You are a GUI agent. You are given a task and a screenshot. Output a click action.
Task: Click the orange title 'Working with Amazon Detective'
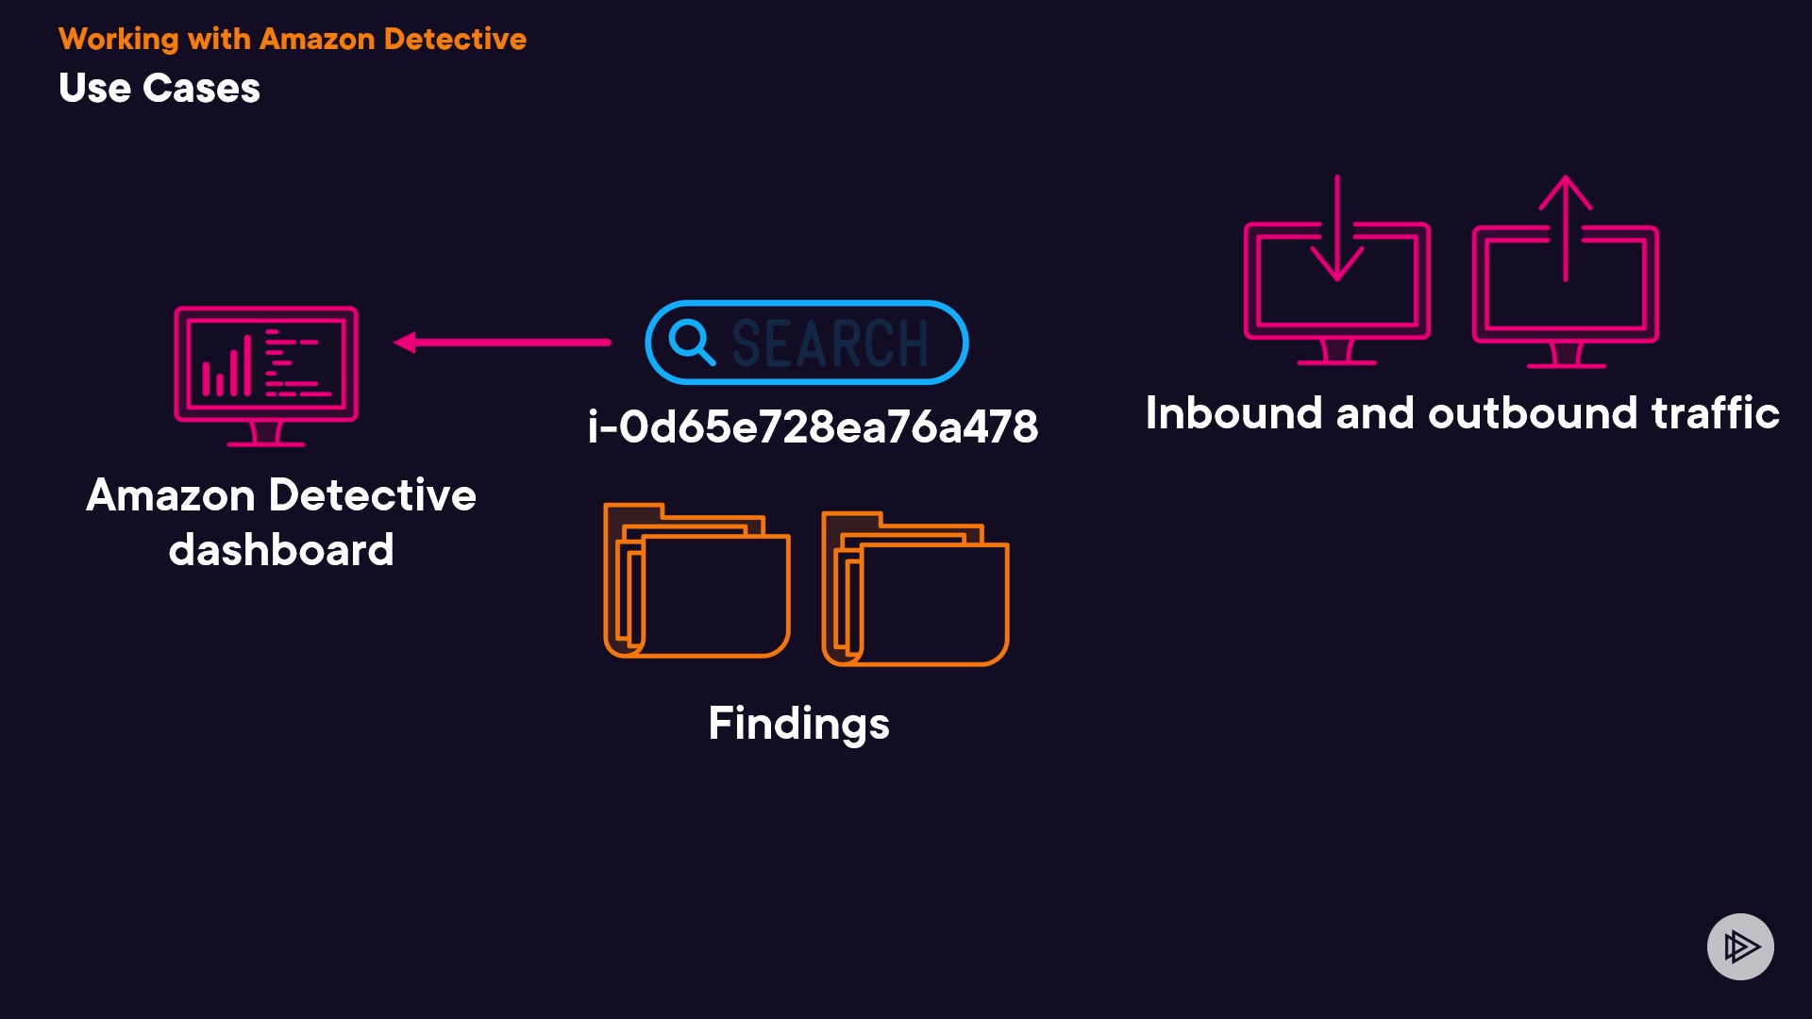[x=293, y=39]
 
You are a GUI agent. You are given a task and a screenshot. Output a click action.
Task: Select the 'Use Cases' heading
[x=159, y=88]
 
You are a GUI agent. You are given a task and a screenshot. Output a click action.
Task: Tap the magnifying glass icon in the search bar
[x=692, y=342]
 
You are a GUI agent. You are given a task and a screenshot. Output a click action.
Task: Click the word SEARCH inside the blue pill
[x=830, y=342]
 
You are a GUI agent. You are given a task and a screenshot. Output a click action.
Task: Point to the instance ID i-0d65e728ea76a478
[x=813, y=426]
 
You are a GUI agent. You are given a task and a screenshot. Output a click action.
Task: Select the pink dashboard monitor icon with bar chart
[x=266, y=374]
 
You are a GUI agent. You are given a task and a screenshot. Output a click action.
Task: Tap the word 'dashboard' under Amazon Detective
[x=281, y=550]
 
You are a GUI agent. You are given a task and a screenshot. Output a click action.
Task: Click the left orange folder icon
[x=696, y=581]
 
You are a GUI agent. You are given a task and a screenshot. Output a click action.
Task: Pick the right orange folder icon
[x=915, y=590]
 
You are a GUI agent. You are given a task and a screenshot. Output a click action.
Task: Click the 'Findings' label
[x=798, y=724]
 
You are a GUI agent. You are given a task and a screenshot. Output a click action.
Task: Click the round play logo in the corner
[x=1740, y=946]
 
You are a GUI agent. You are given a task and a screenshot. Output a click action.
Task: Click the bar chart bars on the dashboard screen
[x=226, y=368]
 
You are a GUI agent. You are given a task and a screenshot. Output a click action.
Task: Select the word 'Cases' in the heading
[x=201, y=88]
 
